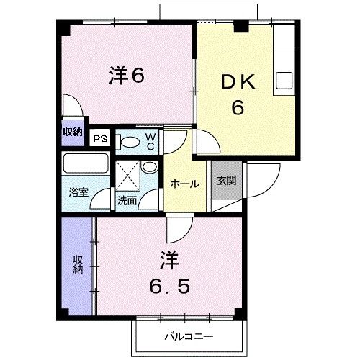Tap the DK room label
coord(235,84)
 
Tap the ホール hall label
coord(184,184)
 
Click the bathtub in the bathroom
coord(85,164)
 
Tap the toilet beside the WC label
coord(130,141)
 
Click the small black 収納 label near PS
coord(72,132)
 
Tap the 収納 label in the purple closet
coord(77,264)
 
